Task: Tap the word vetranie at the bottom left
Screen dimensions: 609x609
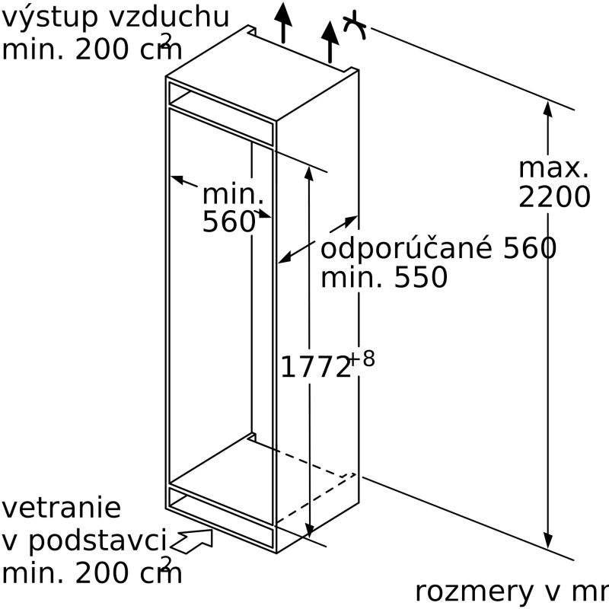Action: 61,508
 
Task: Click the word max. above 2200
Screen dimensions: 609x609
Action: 553,168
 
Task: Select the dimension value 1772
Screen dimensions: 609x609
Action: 315,368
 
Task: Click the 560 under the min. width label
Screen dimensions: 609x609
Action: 228,222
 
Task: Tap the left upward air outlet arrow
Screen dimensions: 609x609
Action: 283,21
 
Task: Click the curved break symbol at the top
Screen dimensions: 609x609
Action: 356,27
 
